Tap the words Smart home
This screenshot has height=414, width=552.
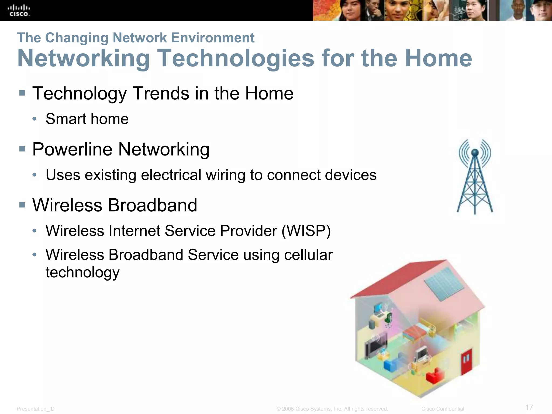coord(87,119)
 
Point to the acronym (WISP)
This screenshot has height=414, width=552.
coord(306,231)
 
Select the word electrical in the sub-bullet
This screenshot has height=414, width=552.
coord(171,175)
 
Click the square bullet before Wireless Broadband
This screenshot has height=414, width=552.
coord(22,205)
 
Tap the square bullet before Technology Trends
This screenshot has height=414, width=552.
coord(22,94)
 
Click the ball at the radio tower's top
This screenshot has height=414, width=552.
coord(475,153)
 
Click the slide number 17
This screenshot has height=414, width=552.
coord(529,407)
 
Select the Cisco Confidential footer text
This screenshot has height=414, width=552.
coord(443,409)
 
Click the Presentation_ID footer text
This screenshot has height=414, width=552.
coord(36,409)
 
